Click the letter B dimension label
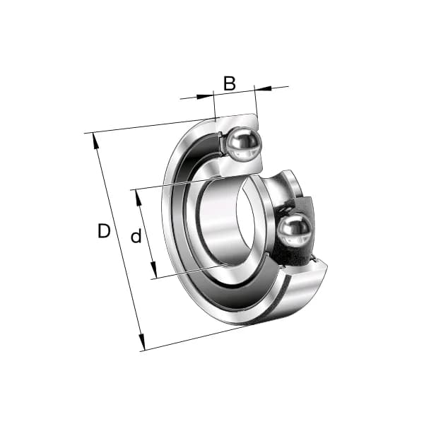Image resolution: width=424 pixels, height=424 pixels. click(229, 83)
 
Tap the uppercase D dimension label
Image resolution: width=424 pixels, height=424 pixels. click(104, 231)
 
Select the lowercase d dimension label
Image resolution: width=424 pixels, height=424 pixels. click(136, 237)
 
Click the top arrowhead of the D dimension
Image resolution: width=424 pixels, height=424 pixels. click(95, 138)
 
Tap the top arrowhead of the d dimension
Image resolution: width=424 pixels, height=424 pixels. click(139, 195)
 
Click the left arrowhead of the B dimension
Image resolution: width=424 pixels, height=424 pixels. click(208, 95)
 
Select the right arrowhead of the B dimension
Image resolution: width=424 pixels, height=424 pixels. click(259, 88)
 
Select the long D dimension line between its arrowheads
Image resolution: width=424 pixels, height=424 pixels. click(118, 240)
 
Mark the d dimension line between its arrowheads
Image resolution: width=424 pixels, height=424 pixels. click(146, 233)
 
